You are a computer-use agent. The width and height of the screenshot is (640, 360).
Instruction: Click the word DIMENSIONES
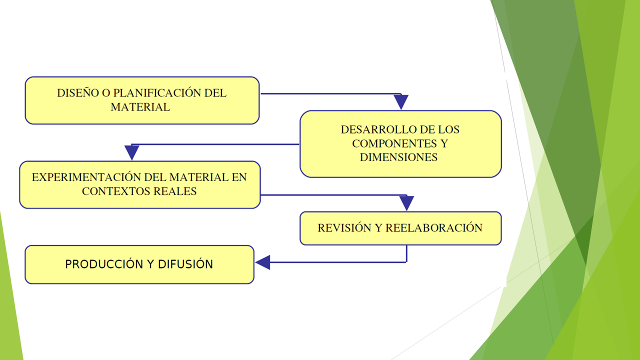point(399,157)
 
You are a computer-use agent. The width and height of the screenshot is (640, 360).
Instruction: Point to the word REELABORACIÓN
point(434,228)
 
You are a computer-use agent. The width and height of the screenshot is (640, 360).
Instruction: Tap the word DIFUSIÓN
point(185,264)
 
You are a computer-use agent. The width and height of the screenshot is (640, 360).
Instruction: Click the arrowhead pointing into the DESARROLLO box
point(401,102)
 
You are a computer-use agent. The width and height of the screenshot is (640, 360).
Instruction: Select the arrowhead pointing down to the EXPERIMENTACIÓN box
point(132,152)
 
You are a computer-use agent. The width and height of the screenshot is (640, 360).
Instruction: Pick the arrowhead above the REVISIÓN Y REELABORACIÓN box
point(406,203)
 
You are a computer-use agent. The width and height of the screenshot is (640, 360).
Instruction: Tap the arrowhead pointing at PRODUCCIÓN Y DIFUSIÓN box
point(263,262)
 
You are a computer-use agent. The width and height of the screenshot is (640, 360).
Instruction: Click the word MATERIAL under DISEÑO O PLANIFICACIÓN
point(140,107)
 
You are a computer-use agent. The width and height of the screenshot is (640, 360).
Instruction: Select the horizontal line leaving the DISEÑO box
point(330,93)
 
